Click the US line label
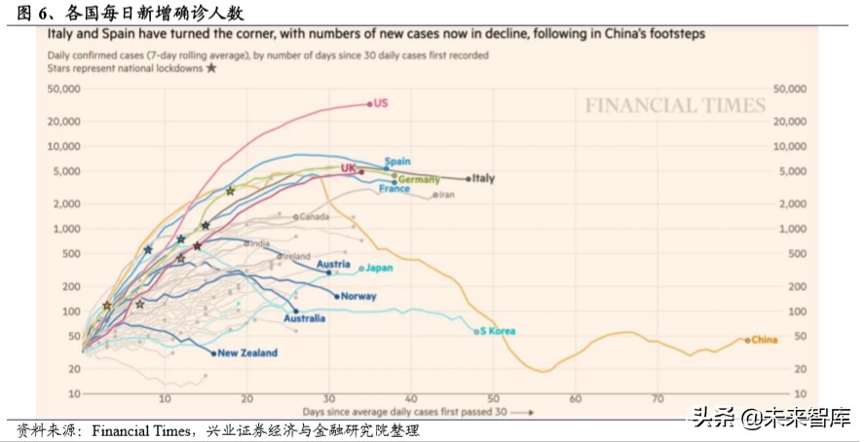[x=382, y=102]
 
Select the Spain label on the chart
[x=397, y=162]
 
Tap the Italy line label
[x=484, y=178]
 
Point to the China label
[x=765, y=340]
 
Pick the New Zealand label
[x=247, y=352]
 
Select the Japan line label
[x=379, y=268]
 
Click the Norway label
[x=359, y=296]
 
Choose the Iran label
[x=447, y=195]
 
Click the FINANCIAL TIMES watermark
[x=675, y=106]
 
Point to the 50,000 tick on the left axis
[x=61, y=89]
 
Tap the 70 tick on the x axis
[x=658, y=398]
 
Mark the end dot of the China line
[x=747, y=340]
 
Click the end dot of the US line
[x=370, y=103]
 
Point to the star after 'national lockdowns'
[x=211, y=69]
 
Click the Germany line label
[x=419, y=180]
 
